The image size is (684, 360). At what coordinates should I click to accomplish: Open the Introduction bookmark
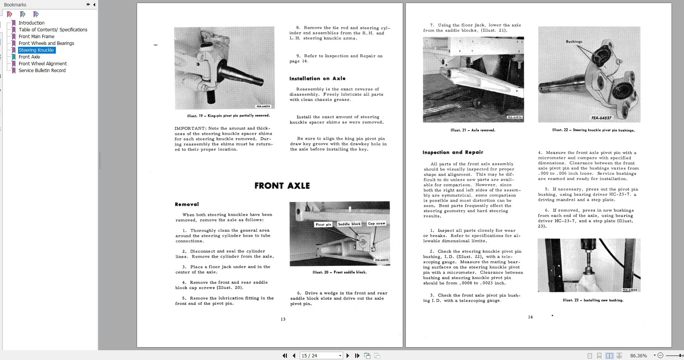click(x=31, y=23)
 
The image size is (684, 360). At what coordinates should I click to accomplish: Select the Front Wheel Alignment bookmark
click(x=43, y=63)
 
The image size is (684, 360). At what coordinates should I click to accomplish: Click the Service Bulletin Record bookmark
click(x=42, y=70)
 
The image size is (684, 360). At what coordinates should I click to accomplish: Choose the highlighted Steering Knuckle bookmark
click(x=36, y=50)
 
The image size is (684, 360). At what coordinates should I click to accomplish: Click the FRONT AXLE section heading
click(x=282, y=186)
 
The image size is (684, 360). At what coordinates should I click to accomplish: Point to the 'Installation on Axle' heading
click(x=317, y=78)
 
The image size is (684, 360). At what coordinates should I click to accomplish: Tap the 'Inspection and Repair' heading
click(x=453, y=152)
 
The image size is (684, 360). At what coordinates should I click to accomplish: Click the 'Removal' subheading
click(x=186, y=204)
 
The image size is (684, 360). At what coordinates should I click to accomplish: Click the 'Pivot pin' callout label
click(x=323, y=225)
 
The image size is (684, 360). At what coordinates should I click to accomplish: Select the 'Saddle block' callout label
click(x=349, y=224)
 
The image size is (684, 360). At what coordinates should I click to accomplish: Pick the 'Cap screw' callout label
click(x=376, y=223)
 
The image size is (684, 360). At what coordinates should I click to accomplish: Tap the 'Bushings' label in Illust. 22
click(x=574, y=42)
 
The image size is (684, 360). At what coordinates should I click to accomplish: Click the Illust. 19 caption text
click(x=228, y=116)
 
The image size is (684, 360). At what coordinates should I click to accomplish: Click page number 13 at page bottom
click(x=283, y=319)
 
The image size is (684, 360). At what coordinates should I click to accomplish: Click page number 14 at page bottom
click(x=530, y=317)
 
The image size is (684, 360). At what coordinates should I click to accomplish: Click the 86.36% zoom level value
click(x=638, y=355)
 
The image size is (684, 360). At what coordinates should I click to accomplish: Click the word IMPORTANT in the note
click(x=191, y=128)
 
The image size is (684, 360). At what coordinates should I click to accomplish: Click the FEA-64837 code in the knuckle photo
click(x=601, y=118)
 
